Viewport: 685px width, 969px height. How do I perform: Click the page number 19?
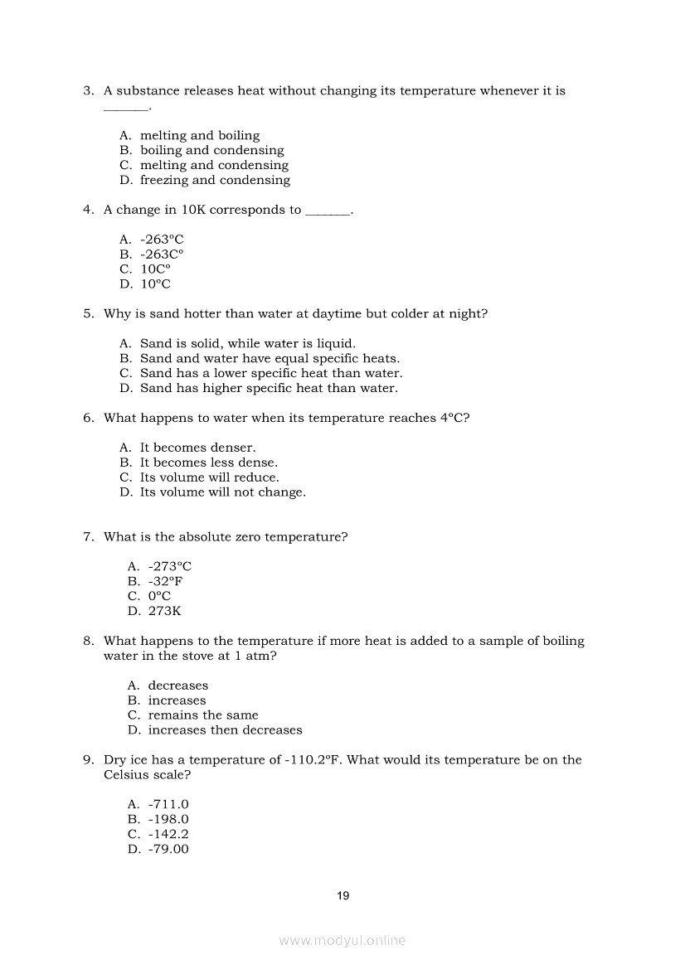click(x=343, y=895)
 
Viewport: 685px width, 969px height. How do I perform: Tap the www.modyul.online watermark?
click(x=342, y=941)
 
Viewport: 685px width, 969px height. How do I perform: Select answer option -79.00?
click(x=168, y=849)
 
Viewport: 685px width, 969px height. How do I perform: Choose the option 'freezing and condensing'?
click(x=215, y=180)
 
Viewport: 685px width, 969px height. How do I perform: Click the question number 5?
click(x=88, y=313)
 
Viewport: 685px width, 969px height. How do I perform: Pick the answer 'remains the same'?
click(x=203, y=715)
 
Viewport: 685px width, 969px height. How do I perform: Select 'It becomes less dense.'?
click(x=208, y=463)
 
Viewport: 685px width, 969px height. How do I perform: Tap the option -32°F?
click(x=165, y=581)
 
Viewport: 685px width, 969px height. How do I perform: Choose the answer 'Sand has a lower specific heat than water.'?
click(x=270, y=373)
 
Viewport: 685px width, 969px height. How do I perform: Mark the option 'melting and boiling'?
click(x=199, y=135)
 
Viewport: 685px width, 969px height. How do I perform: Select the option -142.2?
click(x=168, y=834)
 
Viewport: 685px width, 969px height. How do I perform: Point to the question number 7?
click(x=88, y=536)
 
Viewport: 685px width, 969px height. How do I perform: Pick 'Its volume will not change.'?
click(x=222, y=492)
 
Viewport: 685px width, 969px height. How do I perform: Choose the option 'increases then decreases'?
click(x=225, y=729)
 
